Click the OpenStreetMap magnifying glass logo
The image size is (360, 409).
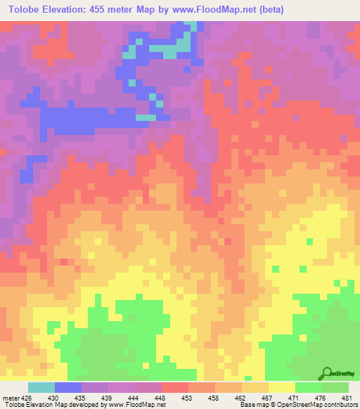coord(327,373)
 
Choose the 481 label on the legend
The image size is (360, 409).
coord(345,397)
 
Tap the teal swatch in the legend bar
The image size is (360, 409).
coord(41,387)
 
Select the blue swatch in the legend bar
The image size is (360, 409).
coord(68,387)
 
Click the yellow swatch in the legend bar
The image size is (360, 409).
coord(282,387)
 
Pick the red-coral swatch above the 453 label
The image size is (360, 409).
coord(175,387)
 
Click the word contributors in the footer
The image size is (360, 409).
coord(340,405)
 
